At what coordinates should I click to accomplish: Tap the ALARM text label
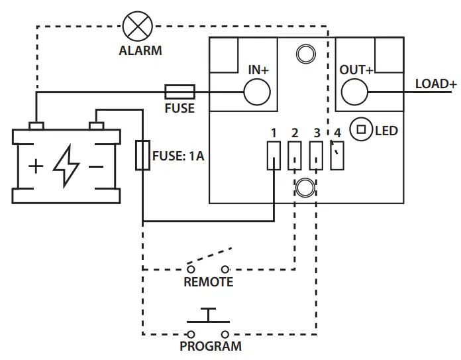140,50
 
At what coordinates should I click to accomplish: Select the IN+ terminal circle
257,92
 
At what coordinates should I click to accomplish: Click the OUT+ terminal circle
355,91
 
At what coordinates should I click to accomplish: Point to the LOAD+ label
435,84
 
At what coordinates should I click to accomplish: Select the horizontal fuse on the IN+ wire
179,91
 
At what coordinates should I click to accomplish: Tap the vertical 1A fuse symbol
142,156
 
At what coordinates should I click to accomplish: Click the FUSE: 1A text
178,157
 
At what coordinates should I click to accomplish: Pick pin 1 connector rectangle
273,156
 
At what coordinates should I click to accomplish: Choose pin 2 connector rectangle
295,156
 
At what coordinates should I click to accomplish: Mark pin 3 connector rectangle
317,156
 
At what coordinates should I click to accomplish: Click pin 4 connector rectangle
338,156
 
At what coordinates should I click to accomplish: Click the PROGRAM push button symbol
208,324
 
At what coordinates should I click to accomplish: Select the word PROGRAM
211,346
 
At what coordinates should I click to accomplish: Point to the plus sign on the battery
36,166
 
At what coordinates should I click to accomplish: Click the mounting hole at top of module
305,53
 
